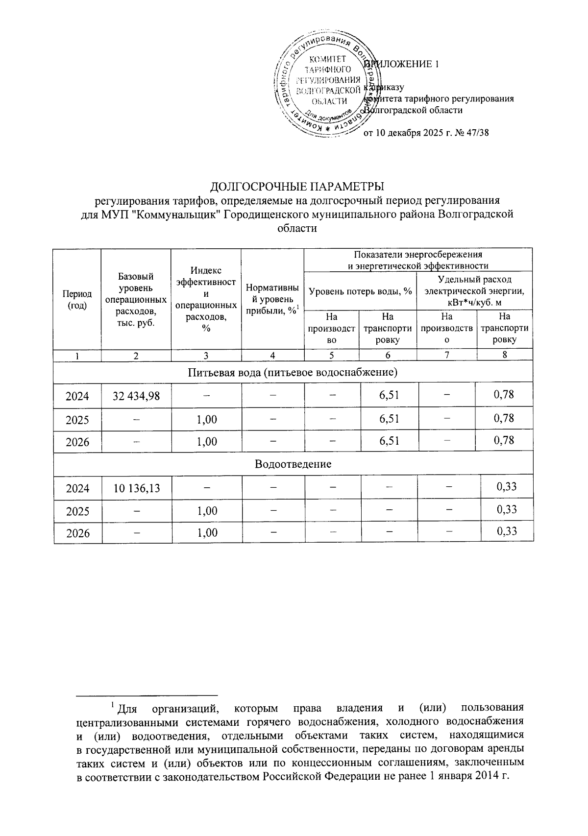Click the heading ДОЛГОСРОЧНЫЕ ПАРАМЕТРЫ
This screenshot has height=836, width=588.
click(x=297, y=187)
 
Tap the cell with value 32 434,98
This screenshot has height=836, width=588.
click(x=136, y=396)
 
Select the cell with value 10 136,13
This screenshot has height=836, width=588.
click(x=136, y=488)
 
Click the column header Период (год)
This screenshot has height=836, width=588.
click(x=77, y=299)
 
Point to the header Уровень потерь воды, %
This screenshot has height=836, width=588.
click(x=360, y=291)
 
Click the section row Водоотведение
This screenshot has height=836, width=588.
click(x=293, y=464)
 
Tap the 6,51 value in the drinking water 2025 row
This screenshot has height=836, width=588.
click(x=389, y=419)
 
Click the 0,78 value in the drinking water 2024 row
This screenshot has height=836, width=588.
click(x=504, y=394)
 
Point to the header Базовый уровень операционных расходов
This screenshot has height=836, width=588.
click(x=136, y=299)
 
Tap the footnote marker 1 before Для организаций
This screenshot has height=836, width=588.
click(x=112, y=705)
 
